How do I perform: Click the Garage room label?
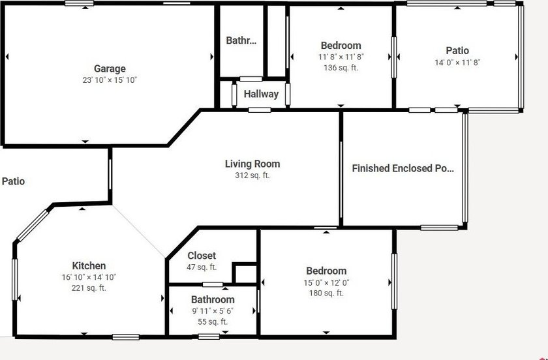[x=110, y=68]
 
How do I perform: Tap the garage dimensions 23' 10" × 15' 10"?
[x=110, y=80]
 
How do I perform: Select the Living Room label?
[x=252, y=164]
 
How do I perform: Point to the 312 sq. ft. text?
[x=252, y=175]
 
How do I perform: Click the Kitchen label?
[x=89, y=265]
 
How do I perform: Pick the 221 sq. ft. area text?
[x=89, y=288]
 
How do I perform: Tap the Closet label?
[x=202, y=256]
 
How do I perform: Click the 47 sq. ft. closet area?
[x=202, y=267]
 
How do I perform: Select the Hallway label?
[x=261, y=94]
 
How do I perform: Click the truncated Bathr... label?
[x=241, y=40]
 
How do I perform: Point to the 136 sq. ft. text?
[x=341, y=67]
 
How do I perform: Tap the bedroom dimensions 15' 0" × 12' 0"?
[x=326, y=282]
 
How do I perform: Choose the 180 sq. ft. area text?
[x=326, y=293]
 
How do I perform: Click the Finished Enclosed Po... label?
[x=403, y=168]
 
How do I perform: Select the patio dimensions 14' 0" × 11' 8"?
[x=457, y=63]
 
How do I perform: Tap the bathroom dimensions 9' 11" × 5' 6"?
[x=213, y=310]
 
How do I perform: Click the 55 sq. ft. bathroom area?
[x=213, y=322]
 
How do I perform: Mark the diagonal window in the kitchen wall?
[x=33, y=226]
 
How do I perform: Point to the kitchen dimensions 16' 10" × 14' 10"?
[x=89, y=277]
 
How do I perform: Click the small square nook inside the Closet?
[x=245, y=274]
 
